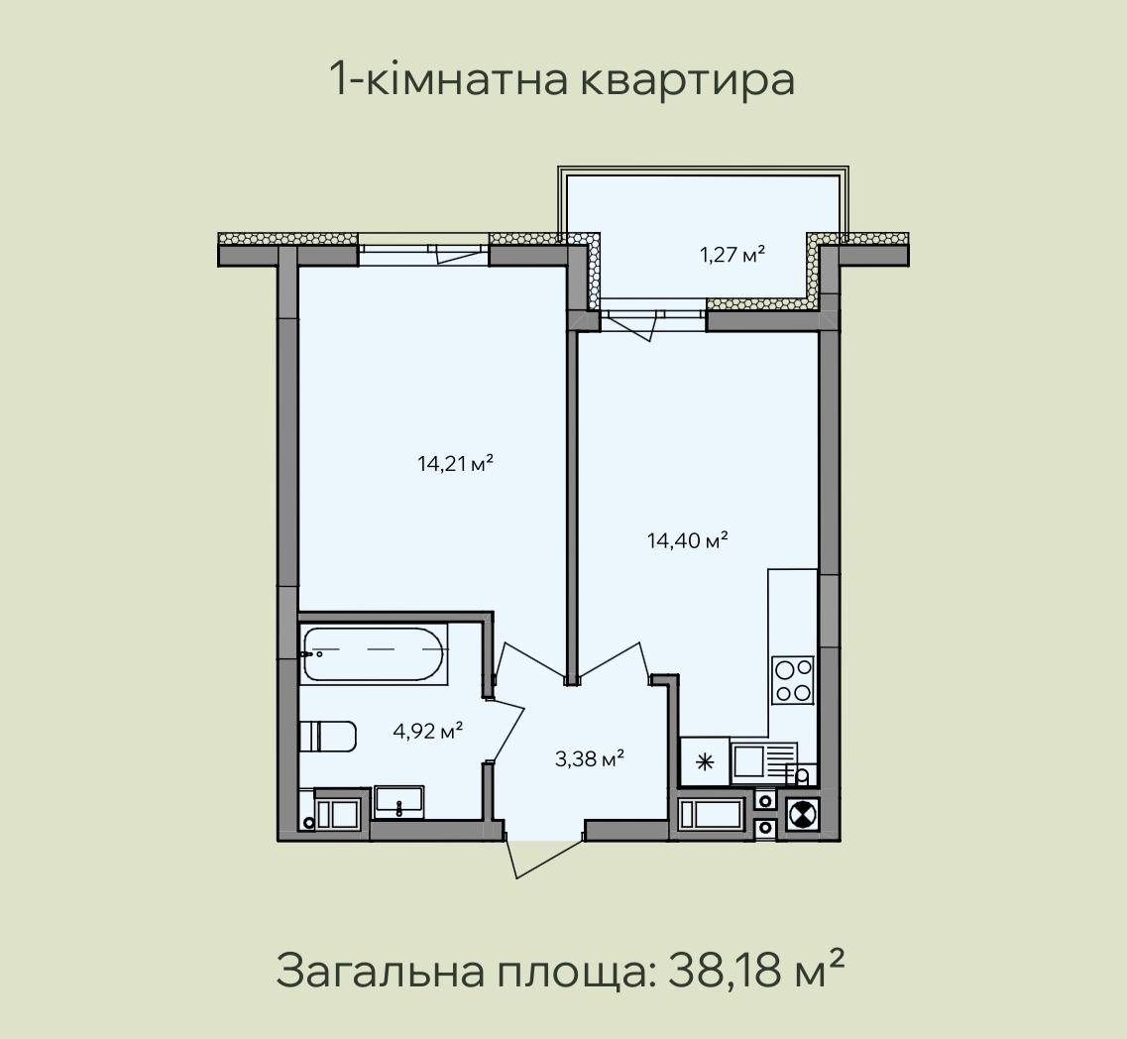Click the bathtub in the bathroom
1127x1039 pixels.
coord(374,654)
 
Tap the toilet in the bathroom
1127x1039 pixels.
coord(328,737)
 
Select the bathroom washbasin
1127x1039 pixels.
coord(398,802)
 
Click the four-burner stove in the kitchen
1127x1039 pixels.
coord(793,679)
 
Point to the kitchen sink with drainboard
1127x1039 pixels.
coord(764,762)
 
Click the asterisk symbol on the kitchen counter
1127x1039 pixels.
coord(706,762)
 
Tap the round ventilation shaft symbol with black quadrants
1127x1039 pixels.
coord(801,814)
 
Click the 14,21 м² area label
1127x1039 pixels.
coord(455,464)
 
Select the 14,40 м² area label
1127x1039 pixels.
coord(688,540)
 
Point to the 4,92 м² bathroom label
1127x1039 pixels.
coord(427,732)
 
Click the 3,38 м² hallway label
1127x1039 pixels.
coord(590,757)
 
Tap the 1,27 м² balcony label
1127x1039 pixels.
coord(733,254)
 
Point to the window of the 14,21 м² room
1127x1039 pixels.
coord(424,249)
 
